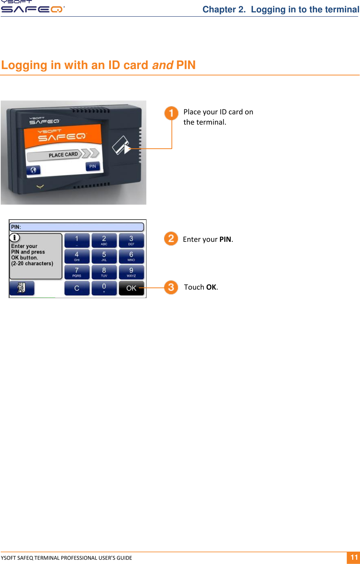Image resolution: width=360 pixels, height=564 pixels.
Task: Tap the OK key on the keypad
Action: [x=131, y=288]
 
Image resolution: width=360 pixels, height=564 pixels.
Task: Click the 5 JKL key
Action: [x=104, y=256]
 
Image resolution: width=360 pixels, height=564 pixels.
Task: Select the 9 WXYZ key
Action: [x=131, y=272]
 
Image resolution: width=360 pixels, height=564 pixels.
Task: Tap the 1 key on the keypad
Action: [x=77, y=240]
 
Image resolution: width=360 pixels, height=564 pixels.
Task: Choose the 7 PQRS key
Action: [x=77, y=272]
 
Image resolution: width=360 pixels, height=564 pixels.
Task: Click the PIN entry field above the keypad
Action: [x=77, y=227]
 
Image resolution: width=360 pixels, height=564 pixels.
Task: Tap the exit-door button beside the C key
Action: [x=22, y=288]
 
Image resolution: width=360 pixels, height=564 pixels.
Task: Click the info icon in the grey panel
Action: [x=15, y=238]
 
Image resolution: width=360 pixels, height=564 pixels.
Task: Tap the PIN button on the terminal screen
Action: [x=92, y=166]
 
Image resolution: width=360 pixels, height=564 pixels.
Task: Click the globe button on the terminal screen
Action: [x=33, y=170]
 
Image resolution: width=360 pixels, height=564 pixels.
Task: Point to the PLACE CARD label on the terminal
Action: [x=63, y=155]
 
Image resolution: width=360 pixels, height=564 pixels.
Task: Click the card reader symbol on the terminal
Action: [x=120, y=145]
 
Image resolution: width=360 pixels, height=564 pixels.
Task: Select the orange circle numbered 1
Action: [x=171, y=113]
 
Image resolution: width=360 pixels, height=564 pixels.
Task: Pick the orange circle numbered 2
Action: [x=171, y=239]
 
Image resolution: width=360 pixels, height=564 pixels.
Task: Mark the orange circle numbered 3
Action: [x=171, y=287]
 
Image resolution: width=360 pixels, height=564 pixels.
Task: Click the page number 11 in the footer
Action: [x=354, y=557]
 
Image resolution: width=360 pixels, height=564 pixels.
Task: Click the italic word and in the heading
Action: [x=162, y=65]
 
